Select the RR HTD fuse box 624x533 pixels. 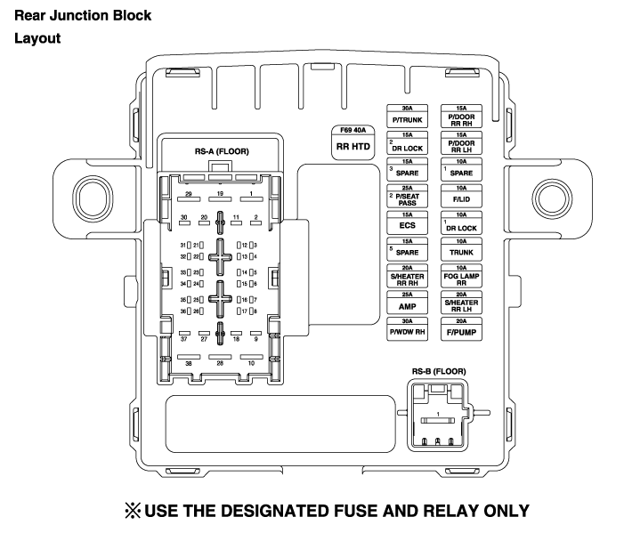click(x=353, y=143)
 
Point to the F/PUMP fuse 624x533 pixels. click(x=462, y=330)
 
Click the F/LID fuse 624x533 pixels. click(x=462, y=198)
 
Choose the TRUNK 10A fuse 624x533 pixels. click(x=462, y=251)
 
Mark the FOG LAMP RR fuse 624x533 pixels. click(x=462, y=277)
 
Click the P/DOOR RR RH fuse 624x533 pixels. click(x=462, y=117)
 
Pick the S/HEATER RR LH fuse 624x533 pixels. click(x=462, y=303)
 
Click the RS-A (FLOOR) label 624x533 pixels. click(x=222, y=151)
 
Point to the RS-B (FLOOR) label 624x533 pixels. click(x=438, y=371)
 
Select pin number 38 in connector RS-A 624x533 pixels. click(x=188, y=363)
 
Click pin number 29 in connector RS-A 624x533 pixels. click(x=188, y=193)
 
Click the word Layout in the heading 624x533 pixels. click(x=36, y=39)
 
